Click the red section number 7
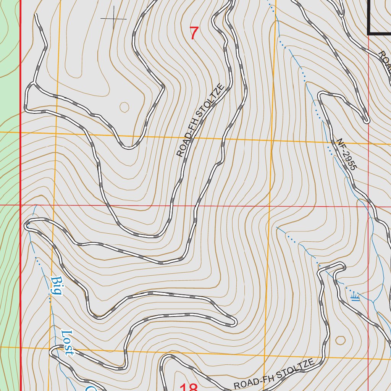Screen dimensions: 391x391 tap(194, 34)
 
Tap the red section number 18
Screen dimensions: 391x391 tap(188, 387)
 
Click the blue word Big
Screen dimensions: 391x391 tap(56, 286)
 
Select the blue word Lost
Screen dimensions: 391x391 tap(67, 343)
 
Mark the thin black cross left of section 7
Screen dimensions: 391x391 tap(113, 18)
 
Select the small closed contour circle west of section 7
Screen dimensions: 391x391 tap(124, 107)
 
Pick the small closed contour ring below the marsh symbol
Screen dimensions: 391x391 tap(340, 340)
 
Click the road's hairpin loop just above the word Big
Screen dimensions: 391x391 tap(27, 225)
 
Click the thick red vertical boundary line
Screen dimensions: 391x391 tap(20, 191)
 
